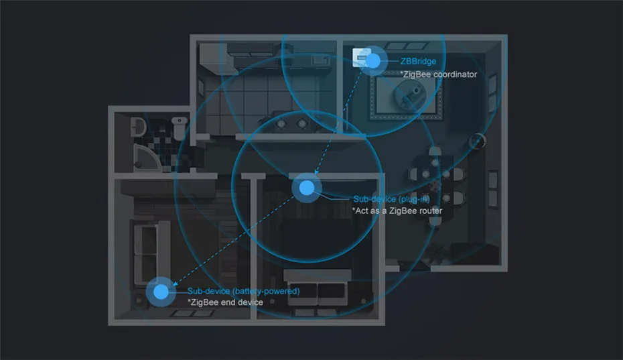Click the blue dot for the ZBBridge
tap(372, 62)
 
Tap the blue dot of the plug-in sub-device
tap(306, 188)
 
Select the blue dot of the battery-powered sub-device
tap(160, 292)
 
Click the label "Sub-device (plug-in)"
tap(391, 200)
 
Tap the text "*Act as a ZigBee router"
tap(397, 211)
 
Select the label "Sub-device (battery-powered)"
tap(243, 292)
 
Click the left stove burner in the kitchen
tap(283, 123)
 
